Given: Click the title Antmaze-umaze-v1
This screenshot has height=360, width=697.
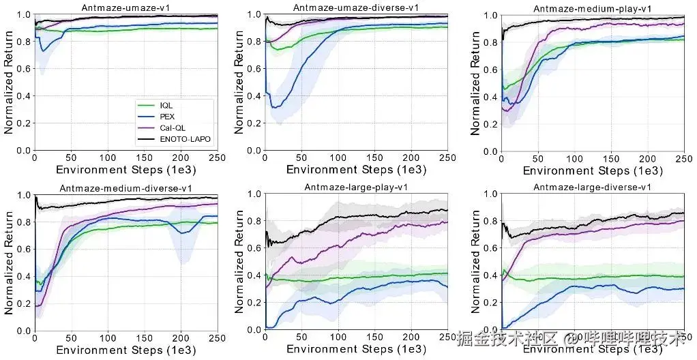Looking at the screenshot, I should click(x=125, y=7).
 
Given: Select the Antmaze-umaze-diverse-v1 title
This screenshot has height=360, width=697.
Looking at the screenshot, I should click(x=355, y=7).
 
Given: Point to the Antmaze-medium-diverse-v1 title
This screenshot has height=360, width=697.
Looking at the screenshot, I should click(x=125, y=188).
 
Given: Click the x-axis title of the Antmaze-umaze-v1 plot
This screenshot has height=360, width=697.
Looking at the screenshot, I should click(x=125, y=169).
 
